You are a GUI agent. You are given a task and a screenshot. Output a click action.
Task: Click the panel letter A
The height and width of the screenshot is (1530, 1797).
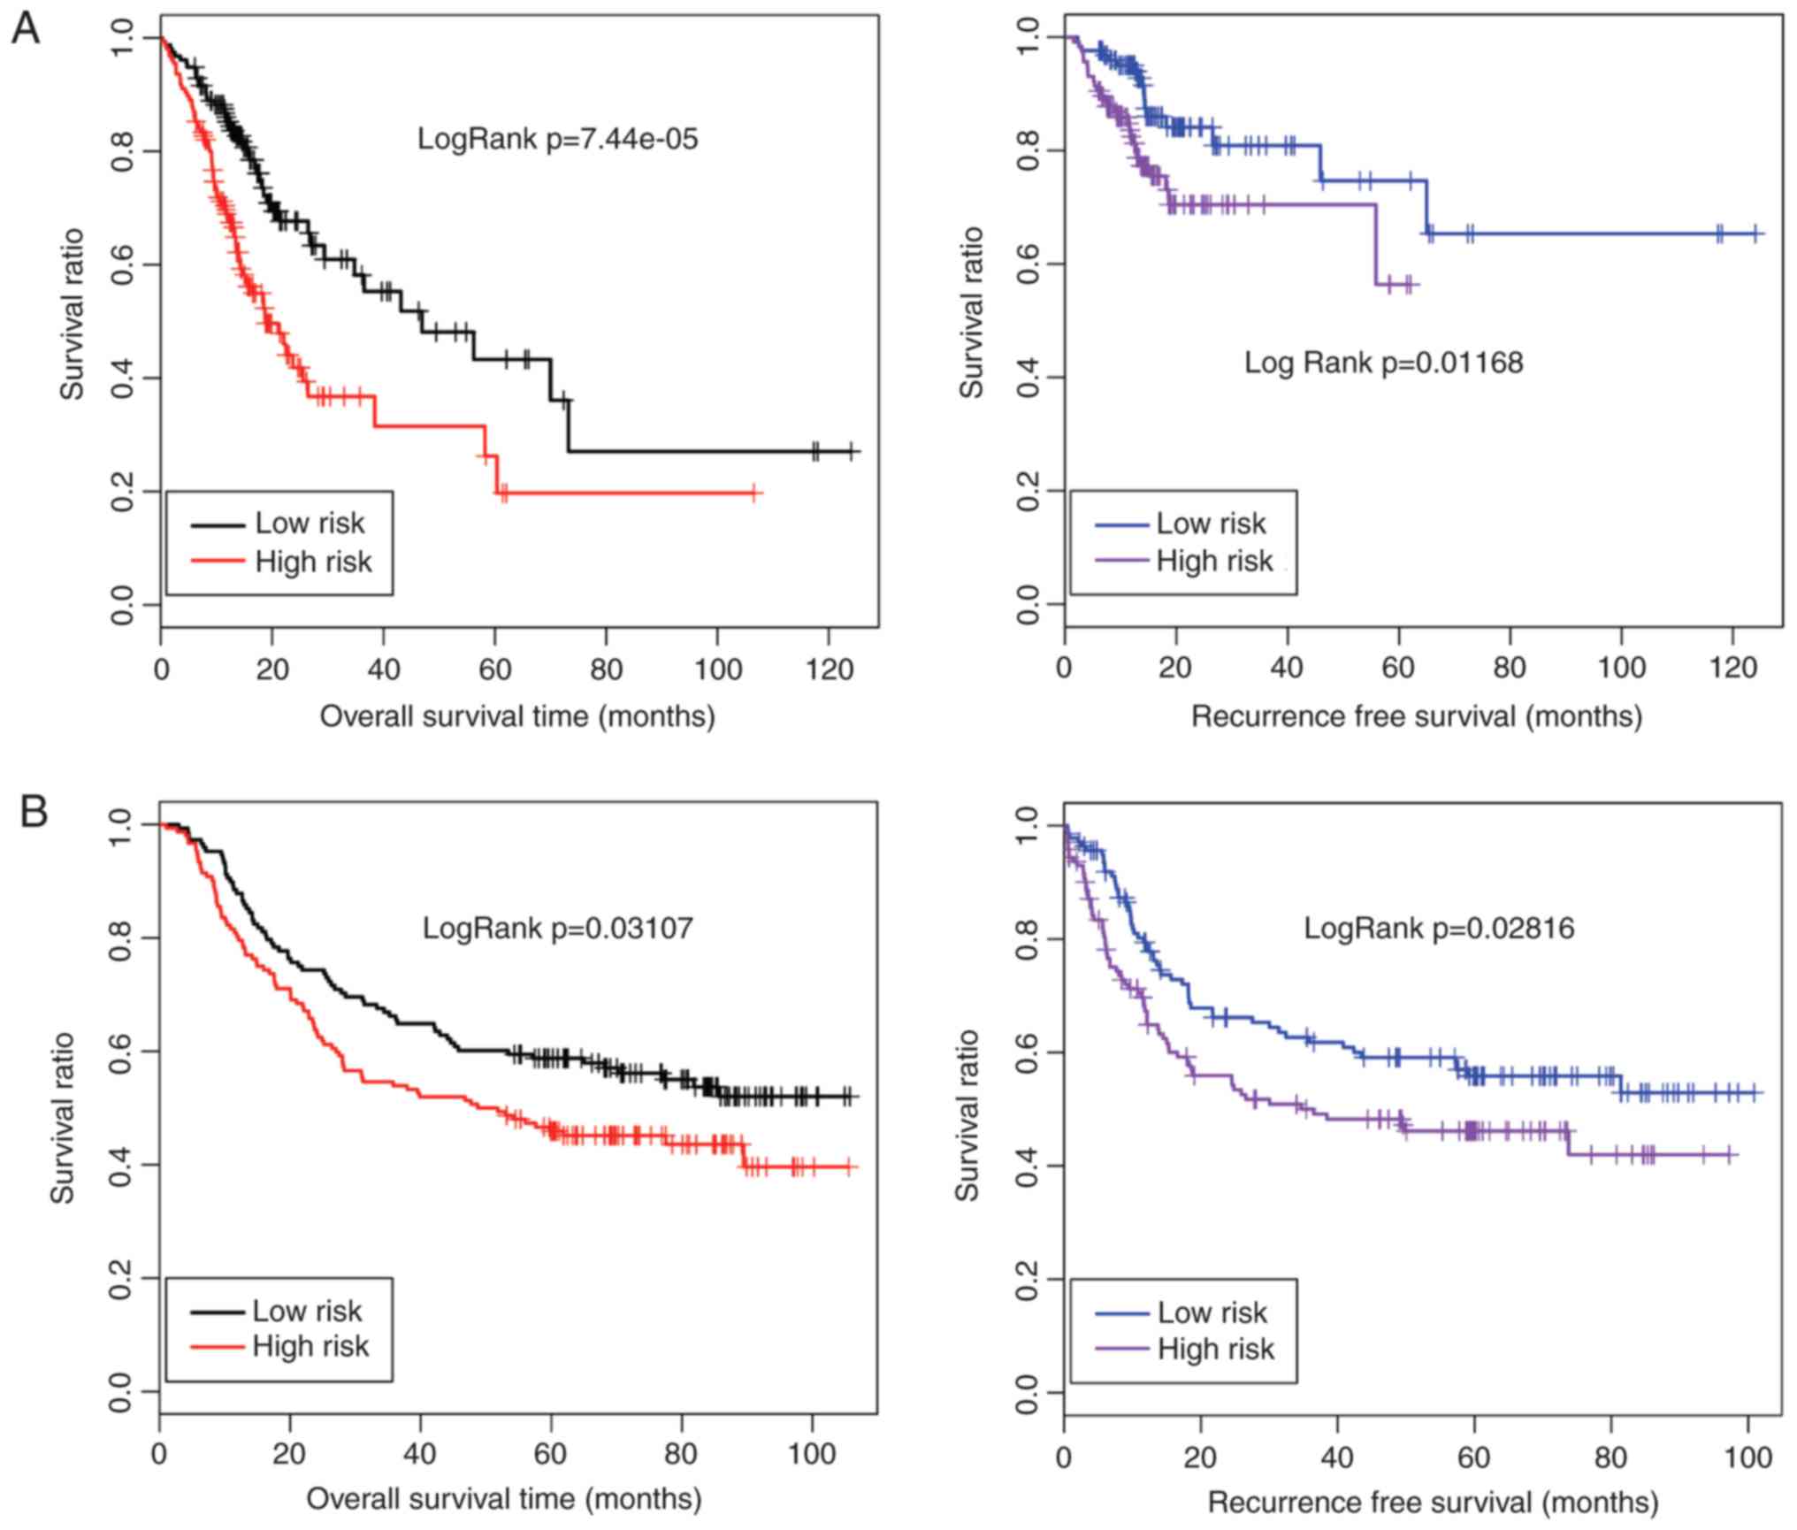point(26,31)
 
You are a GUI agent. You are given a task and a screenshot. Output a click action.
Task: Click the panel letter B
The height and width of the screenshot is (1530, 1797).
point(34,812)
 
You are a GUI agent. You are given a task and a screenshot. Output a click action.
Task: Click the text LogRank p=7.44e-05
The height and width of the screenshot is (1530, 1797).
point(557,139)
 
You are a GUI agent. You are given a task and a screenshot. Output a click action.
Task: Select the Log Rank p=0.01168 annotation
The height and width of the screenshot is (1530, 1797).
point(1383,363)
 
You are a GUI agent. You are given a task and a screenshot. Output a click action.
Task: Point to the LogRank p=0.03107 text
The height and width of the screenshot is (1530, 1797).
point(557,928)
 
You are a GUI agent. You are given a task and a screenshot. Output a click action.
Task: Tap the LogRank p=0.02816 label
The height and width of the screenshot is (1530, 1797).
point(1439,928)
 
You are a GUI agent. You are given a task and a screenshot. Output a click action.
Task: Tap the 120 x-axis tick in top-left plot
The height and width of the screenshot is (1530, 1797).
point(829,669)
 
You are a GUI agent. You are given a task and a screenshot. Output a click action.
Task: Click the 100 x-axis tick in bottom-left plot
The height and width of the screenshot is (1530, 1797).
point(811,1455)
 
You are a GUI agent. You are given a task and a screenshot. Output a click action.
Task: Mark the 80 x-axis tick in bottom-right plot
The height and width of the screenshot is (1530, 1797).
point(1610,1457)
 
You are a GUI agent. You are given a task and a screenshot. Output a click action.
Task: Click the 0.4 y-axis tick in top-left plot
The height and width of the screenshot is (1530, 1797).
point(124,378)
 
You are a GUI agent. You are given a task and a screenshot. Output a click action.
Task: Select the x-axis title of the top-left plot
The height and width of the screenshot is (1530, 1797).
point(517,715)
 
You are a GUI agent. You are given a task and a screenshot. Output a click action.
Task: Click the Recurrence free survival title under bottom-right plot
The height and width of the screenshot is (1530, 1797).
point(1433,1503)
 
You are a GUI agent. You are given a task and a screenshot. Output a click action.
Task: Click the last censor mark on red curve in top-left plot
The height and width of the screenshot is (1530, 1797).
point(753,493)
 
